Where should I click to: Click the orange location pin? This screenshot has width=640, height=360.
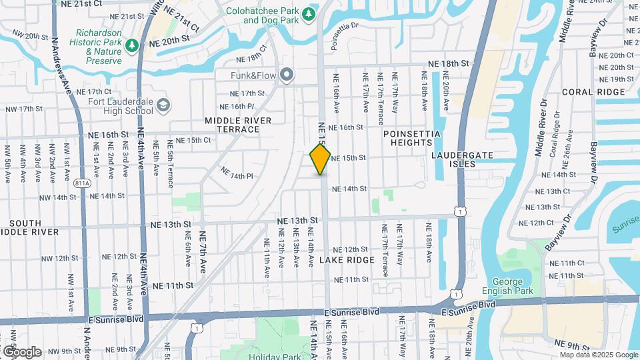(x=320, y=159)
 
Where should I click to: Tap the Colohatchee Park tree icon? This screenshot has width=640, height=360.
(x=308, y=14)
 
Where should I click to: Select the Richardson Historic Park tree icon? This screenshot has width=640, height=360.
(x=133, y=45)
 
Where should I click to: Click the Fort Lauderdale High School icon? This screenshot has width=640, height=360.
(x=163, y=105)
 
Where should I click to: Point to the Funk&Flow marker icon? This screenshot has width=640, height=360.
(x=287, y=75)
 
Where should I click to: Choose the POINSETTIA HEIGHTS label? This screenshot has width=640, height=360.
(x=412, y=138)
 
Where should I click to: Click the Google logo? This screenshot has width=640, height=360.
(x=22, y=351)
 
